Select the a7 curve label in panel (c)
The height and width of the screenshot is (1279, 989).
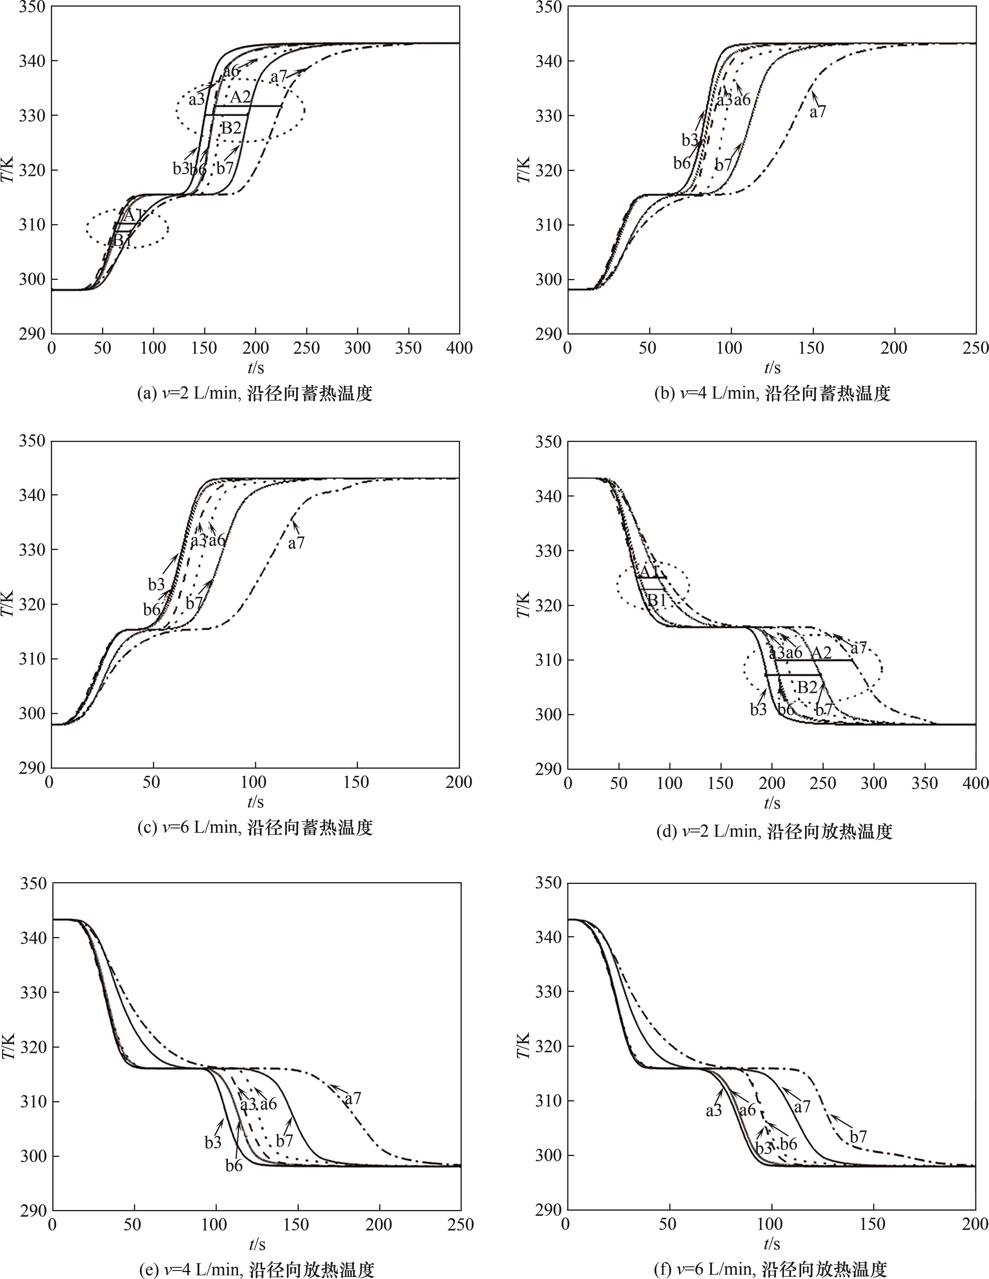click(296, 543)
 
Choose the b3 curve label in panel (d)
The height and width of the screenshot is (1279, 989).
click(758, 709)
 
